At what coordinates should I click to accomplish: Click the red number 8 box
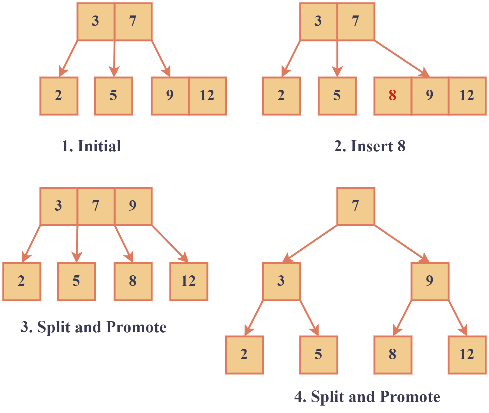[x=392, y=96]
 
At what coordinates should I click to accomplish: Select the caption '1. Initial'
[x=91, y=146]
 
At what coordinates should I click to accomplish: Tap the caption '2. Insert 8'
[x=370, y=146]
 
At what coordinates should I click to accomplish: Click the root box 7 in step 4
[x=356, y=206]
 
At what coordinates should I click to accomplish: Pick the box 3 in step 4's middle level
[x=281, y=281]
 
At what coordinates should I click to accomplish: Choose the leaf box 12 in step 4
[x=467, y=355]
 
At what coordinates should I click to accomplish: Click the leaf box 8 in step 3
[x=133, y=281]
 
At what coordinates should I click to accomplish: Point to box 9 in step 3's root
[x=133, y=206]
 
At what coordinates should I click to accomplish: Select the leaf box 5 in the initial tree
[x=114, y=96]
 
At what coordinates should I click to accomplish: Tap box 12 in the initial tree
[x=208, y=96]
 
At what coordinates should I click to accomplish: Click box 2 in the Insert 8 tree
[x=281, y=96]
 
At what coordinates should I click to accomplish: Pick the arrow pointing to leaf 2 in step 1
[x=68, y=58]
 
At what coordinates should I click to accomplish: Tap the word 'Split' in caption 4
[x=327, y=397]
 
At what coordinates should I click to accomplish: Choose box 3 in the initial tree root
[x=96, y=21]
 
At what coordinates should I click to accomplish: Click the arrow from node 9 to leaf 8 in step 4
[x=402, y=318]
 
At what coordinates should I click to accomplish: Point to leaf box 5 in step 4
[x=319, y=355]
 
